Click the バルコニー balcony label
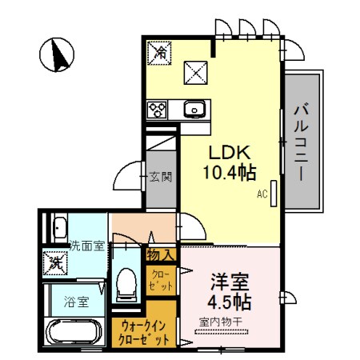pyautogui.click(x=302, y=142)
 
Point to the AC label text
pyautogui.click(x=262, y=194)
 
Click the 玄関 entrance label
pyautogui.click(x=161, y=177)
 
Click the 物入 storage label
pyautogui.click(x=160, y=255)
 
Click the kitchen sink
pyautogui.click(x=193, y=110)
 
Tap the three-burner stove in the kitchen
pyautogui.click(x=157, y=110)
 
